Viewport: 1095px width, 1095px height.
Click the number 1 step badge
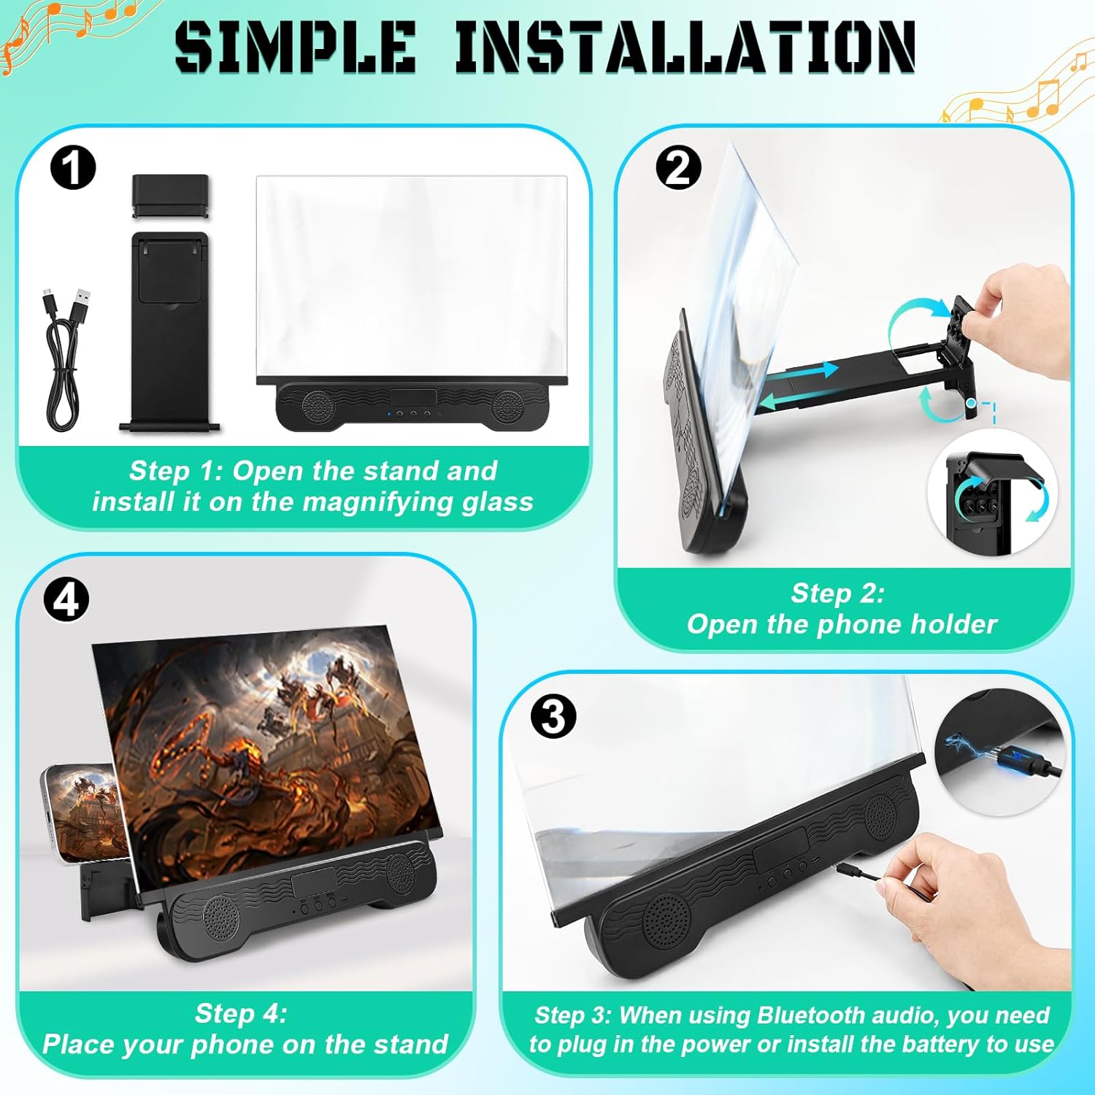click(73, 168)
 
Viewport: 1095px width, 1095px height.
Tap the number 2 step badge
click(678, 168)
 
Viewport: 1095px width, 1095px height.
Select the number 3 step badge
click(553, 716)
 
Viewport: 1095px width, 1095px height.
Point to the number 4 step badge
click(66, 600)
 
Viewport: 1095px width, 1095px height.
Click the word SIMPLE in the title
click(296, 47)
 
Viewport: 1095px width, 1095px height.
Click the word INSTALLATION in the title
click(685, 47)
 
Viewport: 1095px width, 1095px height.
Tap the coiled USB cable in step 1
click(66, 358)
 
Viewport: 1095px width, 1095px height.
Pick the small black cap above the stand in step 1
click(171, 196)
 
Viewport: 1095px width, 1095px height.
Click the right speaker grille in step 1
click(507, 406)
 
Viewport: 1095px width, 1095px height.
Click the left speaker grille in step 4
click(220, 918)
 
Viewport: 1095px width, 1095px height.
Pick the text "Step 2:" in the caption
click(837, 593)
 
